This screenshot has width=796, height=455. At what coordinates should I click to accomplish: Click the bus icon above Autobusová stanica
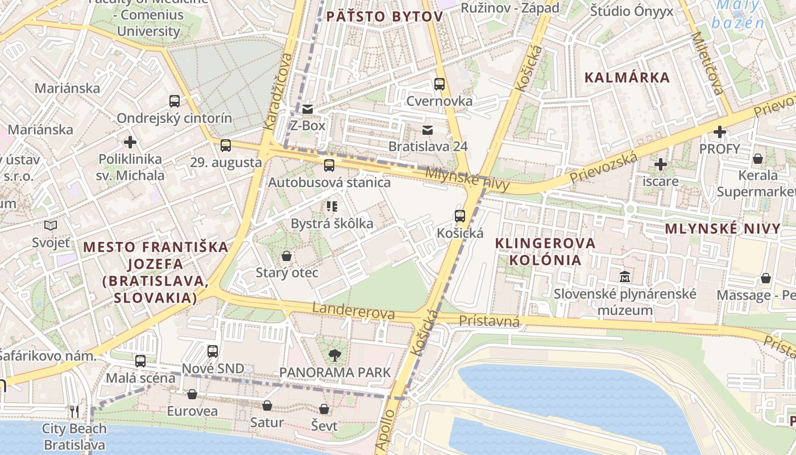329,166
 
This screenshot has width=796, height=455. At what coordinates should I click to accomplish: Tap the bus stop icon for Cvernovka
440,84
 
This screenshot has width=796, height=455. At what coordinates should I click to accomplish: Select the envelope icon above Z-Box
308,109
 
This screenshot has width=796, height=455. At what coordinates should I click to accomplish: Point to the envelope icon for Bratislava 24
428,130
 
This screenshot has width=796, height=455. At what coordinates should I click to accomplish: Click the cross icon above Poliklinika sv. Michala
130,142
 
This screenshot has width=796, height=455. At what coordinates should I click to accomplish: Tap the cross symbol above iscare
660,165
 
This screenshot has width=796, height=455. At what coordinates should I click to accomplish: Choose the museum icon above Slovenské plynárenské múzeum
625,277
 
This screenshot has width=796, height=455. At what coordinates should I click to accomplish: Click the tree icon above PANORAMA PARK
335,356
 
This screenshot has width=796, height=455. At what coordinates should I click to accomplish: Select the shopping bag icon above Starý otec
287,256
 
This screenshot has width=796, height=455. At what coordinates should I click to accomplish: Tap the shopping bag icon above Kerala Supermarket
757,159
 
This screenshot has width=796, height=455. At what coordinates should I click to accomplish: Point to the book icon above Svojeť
51,226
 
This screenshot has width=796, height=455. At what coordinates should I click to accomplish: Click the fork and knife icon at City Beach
74,411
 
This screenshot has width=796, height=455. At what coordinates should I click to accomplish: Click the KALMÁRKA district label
627,77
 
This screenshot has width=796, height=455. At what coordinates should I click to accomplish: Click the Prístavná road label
489,322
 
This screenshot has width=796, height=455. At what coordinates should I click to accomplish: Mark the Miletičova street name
707,63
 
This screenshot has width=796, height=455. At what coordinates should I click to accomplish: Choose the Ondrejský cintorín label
174,118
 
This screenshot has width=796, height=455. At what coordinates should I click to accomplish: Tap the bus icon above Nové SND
213,351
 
